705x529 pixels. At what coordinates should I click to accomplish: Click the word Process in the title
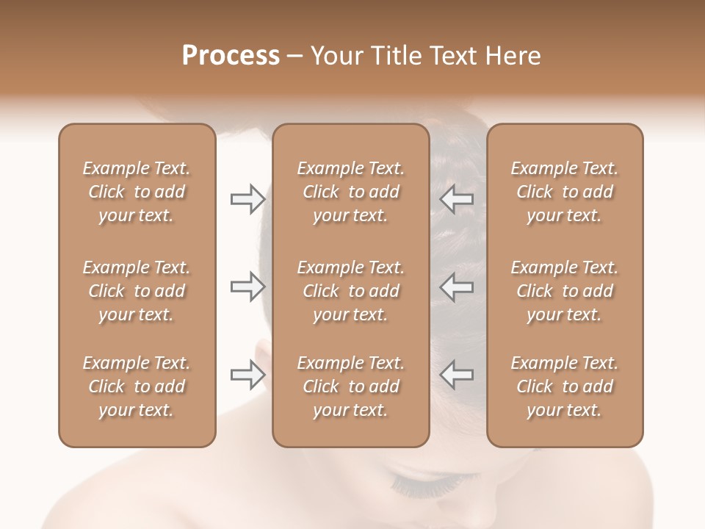(231, 56)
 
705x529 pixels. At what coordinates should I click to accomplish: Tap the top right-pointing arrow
(247, 198)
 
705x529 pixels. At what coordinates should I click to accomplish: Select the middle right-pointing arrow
(247, 287)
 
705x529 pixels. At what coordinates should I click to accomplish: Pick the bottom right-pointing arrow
(247, 375)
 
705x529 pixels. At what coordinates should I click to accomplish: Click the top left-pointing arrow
(457, 198)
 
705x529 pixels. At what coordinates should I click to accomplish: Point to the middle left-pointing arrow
(457, 287)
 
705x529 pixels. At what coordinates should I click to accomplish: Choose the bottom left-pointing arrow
(457, 375)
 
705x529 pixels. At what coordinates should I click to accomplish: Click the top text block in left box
(137, 192)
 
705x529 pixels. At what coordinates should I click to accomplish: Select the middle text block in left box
(137, 291)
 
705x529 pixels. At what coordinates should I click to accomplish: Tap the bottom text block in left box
(137, 386)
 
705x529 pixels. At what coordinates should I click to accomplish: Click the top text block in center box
(351, 192)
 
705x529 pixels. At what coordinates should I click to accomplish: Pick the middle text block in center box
(351, 291)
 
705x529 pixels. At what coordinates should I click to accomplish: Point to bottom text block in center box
(351, 386)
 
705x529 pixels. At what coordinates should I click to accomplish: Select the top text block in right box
(565, 192)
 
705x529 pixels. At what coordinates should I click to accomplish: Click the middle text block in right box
(565, 291)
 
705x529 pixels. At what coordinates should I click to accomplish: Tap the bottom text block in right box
(565, 386)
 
